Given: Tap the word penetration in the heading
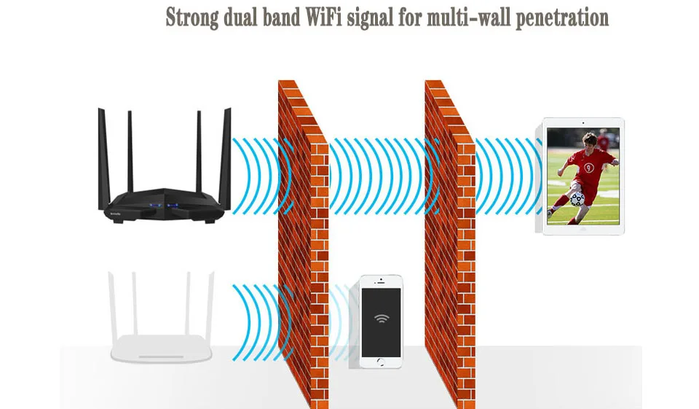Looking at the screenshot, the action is point(562,18).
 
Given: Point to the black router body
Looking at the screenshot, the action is point(165,205).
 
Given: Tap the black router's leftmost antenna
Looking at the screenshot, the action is point(103,158).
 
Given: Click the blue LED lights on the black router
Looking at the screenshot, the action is point(164,206).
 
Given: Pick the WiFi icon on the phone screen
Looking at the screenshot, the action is point(381,318).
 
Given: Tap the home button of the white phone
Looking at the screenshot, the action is point(380,362).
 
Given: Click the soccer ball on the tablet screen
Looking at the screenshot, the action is point(577,199).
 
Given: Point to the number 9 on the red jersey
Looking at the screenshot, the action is point(589,168).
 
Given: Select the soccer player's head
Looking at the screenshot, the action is point(589,141).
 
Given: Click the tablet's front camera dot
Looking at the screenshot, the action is point(582,122).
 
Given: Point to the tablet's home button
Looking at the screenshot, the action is point(582,229).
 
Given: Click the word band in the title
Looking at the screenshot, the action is point(280,17).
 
